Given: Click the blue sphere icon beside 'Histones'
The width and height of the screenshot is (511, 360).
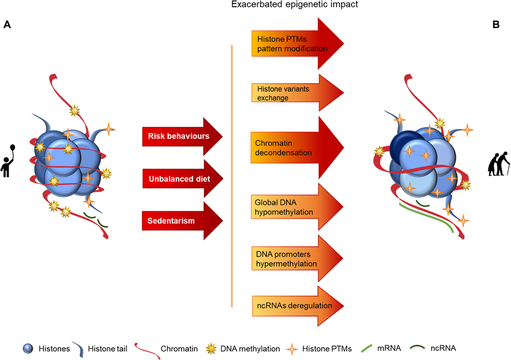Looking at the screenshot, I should (28, 348).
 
